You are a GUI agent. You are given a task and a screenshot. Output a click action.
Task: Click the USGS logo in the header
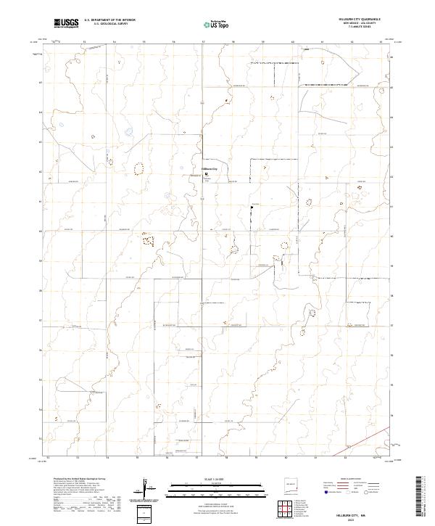(67, 23)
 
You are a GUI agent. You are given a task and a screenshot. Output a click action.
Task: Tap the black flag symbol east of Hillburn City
(252, 207)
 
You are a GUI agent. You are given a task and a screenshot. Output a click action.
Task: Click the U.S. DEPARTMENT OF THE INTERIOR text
(109, 19)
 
